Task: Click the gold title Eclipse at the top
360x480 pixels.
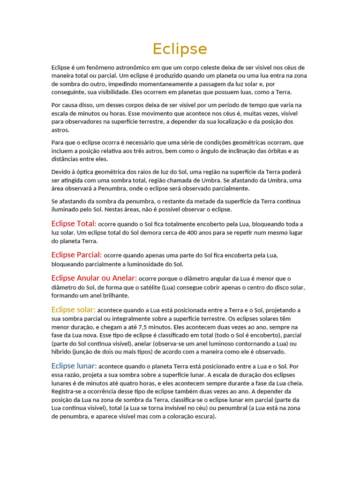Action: (x=180, y=49)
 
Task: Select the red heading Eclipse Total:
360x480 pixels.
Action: (x=74, y=224)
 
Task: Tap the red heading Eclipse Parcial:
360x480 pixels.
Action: (x=76, y=255)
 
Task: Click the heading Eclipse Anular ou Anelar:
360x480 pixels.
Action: (x=94, y=278)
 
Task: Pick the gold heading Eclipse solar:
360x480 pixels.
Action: (x=73, y=310)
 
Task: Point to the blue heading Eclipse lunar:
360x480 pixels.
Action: (x=74, y=366)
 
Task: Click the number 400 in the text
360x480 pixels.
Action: (x=193, y=233)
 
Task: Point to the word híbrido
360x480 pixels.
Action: (x=61, y=352)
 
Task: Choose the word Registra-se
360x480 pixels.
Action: (x=67, y=391)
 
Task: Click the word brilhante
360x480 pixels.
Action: (x=114, y=296)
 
